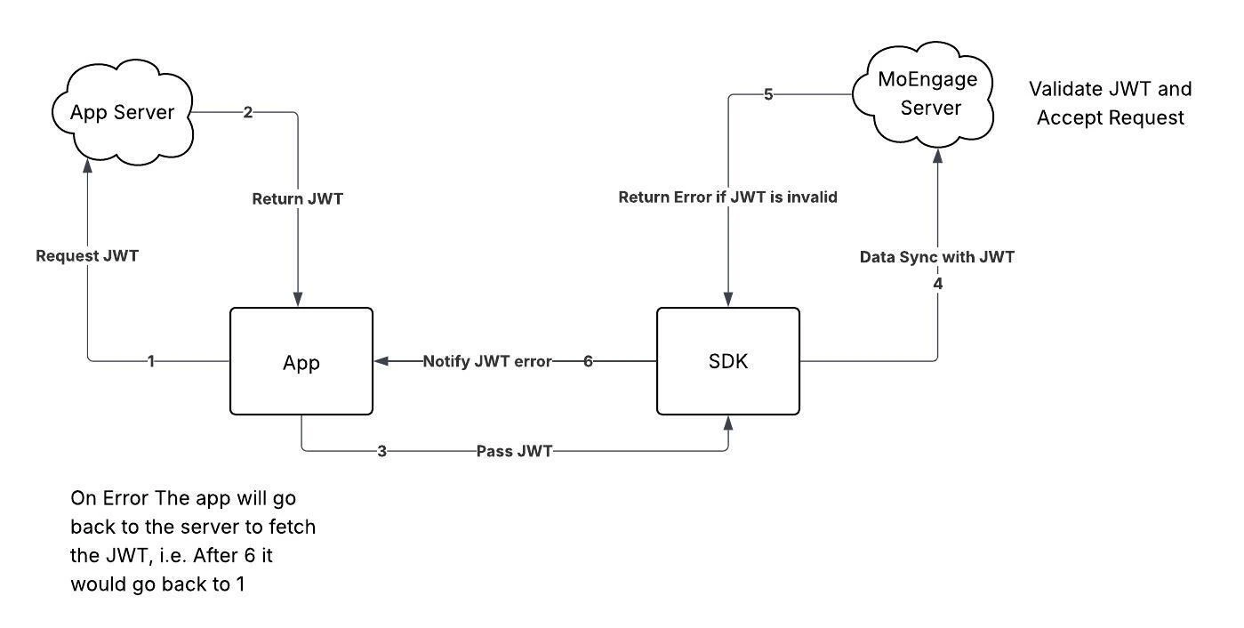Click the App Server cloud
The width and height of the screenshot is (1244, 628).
coord(121,113)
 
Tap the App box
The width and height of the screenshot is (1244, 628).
coord(301,361)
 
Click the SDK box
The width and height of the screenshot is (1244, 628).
coord(727,361)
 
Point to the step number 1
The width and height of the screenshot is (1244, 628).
coord(151,361)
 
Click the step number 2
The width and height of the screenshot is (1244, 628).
coord(248,112)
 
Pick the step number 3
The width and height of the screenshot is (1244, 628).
coord(381,451)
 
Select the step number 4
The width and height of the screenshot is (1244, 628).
coord(937,284)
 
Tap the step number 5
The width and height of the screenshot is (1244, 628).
coord(768,94)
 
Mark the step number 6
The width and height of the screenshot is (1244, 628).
coord(588,361)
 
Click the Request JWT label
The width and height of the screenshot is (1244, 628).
coord(87,256)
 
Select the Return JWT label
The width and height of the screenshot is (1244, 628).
coord(298,199)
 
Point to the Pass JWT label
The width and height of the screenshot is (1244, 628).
coord(514,451)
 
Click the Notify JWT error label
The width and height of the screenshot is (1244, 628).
coord(486,361)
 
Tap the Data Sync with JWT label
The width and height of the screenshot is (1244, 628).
coord(937,257)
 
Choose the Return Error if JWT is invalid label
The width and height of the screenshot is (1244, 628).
coord(727,197)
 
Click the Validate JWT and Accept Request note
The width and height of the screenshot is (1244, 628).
coord(1110,103)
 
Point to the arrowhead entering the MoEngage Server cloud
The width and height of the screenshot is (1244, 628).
coord(937,157)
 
